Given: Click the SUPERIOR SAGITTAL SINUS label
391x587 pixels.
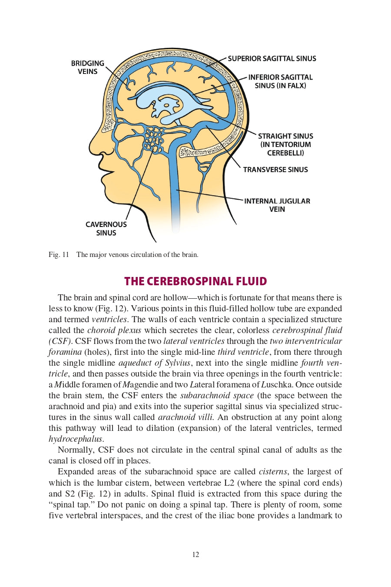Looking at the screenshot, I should point(272,59).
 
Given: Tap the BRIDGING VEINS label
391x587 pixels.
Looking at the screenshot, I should point(87,67).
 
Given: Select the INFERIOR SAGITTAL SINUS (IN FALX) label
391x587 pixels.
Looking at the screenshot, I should point(280,81).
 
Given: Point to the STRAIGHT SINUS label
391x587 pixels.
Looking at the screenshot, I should point(285,136).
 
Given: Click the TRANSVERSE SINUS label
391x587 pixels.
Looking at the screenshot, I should point(275,170).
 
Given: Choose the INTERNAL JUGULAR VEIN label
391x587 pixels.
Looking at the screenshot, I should point(277,205).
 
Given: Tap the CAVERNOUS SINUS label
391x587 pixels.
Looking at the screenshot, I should point(106,228).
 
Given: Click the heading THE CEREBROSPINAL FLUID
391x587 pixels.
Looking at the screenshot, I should point(195,281).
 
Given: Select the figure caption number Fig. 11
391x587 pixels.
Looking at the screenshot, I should point(59,255).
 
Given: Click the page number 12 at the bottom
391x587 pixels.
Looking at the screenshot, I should point(195,554).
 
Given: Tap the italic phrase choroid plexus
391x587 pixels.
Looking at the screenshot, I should point(114,330).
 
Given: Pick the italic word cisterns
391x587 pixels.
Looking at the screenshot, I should point(273,472).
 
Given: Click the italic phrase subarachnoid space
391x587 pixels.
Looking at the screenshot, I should point(217,396).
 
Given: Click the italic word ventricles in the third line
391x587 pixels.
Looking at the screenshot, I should point(109,320).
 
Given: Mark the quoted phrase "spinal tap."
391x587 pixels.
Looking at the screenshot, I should point(71,505).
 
